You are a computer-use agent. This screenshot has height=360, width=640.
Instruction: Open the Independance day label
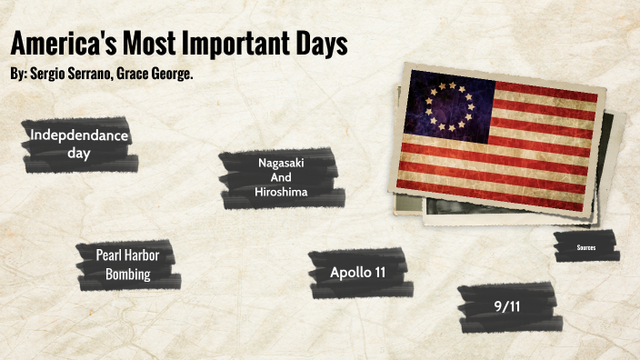tap(79, 145)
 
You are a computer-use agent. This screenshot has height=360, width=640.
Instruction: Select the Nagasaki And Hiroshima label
tap(280, 177)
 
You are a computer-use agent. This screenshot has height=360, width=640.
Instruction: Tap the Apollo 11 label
tap(357, 272)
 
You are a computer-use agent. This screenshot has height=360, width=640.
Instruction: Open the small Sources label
tap(586, 246)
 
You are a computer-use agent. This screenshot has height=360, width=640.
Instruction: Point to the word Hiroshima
tap(281, 192)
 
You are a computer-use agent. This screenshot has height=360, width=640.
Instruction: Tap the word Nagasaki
tap(280, 163)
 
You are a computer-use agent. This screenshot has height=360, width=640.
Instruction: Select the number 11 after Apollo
tap(377, 272)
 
